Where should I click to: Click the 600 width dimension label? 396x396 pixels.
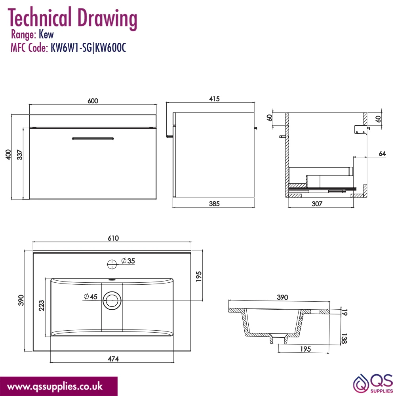93,101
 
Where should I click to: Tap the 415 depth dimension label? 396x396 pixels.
214,99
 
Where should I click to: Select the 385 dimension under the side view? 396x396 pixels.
214,204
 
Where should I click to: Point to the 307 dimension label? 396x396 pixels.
317,204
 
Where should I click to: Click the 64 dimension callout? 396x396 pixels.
382,153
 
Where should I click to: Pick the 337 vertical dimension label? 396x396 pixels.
19,154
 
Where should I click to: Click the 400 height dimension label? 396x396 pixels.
8,154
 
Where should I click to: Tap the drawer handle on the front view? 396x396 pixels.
93,138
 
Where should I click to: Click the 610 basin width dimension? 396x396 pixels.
113,238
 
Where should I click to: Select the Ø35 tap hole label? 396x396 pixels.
128,261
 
